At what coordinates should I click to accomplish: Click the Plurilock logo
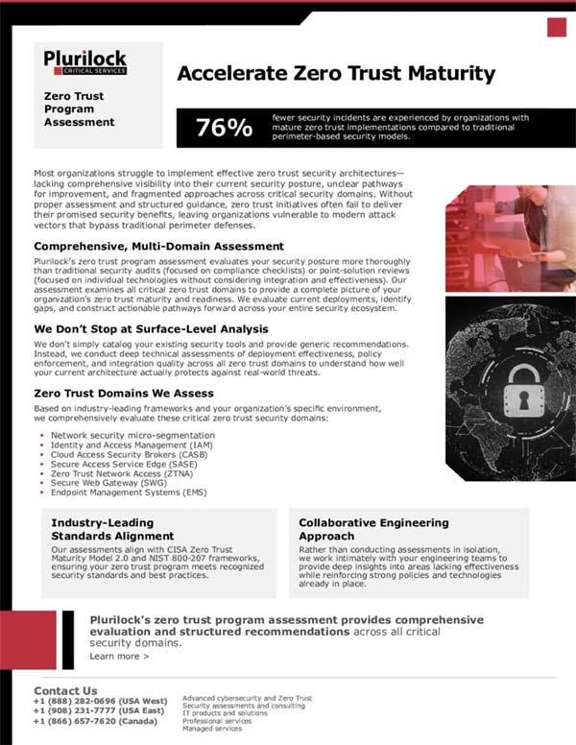pyautogui.click(x=84, y=62)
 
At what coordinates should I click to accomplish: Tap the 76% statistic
pyautogui.click(x=224, y=128)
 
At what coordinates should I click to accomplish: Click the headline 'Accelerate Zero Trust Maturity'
pyautogui.click(x=336, y=74)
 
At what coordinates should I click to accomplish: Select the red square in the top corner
pyautogui.click(x=556, y=27)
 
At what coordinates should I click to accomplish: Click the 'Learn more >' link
pyautogui.click(x=119, y=657)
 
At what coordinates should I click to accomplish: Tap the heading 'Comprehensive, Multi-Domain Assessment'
pyautogui.click(x=158, y=247)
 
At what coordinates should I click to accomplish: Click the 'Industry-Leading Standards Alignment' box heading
pyautogui.click(x=112, y=529)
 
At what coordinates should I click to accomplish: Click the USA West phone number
pyautogui.click(x=100, y=701)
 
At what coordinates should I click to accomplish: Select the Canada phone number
pyautogui.click(x=94, y=721)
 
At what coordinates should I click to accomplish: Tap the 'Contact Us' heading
pyautogui.click(x=65, y=690)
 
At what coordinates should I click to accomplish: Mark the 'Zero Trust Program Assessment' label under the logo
pyautogui.click(x=79, y=109)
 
